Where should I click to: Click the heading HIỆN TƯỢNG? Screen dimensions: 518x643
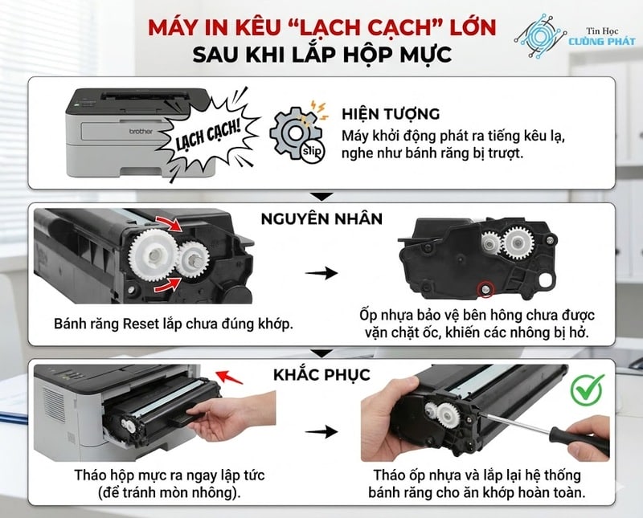391,113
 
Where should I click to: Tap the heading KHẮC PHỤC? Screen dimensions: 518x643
321,374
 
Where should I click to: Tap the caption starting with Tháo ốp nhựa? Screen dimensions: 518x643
477,483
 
